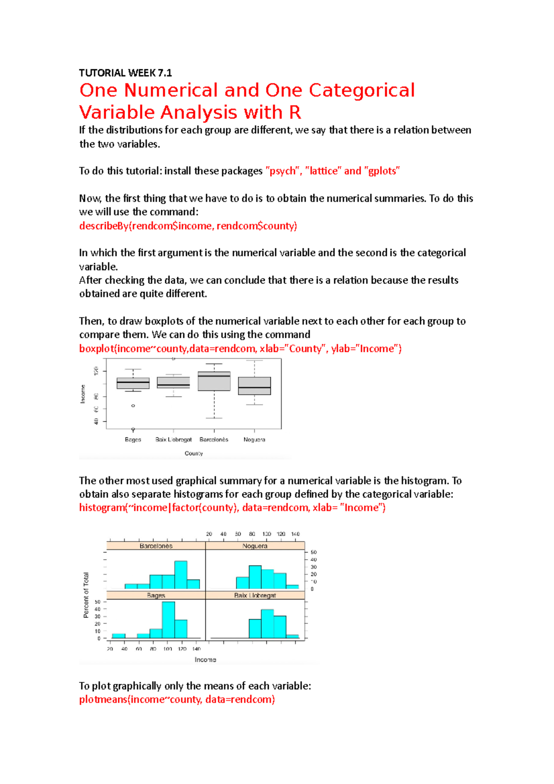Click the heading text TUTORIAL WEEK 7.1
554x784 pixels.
click(125, 73)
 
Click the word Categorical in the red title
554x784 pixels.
click(361, 90)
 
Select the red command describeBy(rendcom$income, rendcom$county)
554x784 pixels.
click(188, 226)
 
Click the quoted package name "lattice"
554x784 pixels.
click(323, 171)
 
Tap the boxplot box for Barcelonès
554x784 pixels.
click(214, 382)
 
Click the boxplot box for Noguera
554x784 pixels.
click(254, 386)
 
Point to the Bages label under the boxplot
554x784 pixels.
click(133, 440)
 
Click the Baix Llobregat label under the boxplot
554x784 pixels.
click(174, 440)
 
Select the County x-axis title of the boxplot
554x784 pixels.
click(194, 453)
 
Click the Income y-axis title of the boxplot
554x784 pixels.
click(83, 394)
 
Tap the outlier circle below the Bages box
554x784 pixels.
click(133, 406)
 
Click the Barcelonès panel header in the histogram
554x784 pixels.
click(156, 546)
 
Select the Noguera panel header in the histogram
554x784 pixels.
click(255, 546)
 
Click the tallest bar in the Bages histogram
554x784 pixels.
click(169, 620)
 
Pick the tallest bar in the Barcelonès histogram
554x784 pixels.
click(181, 575)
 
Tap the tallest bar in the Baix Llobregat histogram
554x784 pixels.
click(267, 624)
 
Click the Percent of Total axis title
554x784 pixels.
click(86, 595)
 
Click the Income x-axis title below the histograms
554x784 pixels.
click(205, 660)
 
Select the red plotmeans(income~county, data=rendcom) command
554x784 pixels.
click(177, 700)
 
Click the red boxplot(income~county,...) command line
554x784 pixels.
click(240, 349)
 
